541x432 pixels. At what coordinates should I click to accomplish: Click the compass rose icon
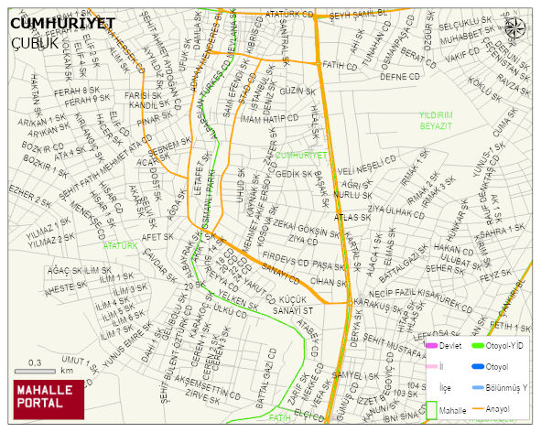tap(516, 28)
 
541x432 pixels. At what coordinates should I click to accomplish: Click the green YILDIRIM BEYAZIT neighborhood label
tap(436, 120)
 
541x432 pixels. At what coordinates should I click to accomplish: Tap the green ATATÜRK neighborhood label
tap(120, 246)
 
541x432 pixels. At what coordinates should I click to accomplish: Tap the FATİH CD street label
tap(340, 66)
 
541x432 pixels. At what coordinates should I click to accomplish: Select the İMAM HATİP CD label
tap(268, 118)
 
